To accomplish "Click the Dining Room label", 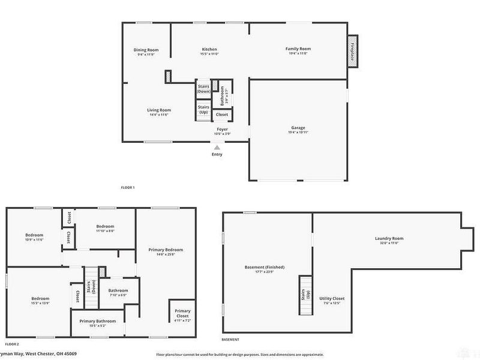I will pos(146,50).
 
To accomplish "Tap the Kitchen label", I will pos(209,49).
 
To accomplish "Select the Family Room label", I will pos(298,49).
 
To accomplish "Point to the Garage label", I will pos(298,128).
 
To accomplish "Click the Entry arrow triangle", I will pos(217,147).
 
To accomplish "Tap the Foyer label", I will pos(222,129).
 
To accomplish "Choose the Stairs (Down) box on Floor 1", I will pos(203,88).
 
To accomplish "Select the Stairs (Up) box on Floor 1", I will pos(203,110).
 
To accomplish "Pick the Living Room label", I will pos(160,110).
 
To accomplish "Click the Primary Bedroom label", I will pos(166,250).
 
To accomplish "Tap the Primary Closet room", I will pos(182,313).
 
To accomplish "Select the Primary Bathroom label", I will pos(98,321).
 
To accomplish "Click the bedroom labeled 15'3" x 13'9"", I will pos(40,299).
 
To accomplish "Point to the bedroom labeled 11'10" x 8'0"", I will pos(105,227).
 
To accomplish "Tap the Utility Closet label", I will pos(331,299).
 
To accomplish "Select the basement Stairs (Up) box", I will pos(305,295).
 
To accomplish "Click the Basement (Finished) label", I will pos(265,267).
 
